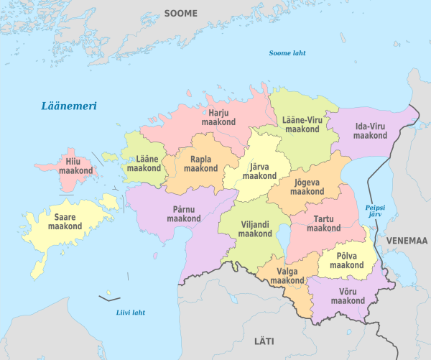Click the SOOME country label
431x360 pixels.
click(180, 13)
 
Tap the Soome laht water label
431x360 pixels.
click(286, 53)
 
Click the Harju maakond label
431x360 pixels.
click(218, 118)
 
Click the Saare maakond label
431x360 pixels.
click(65, 221)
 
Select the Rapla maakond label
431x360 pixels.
click(200, 163)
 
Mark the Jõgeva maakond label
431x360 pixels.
click(307, 187)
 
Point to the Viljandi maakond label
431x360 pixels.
click(255, 229)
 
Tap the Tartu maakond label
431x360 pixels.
click(323, 223)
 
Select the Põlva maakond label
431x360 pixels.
click(346, 260)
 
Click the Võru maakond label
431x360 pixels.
click(348, 296)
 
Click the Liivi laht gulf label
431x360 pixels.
click(130, 312)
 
